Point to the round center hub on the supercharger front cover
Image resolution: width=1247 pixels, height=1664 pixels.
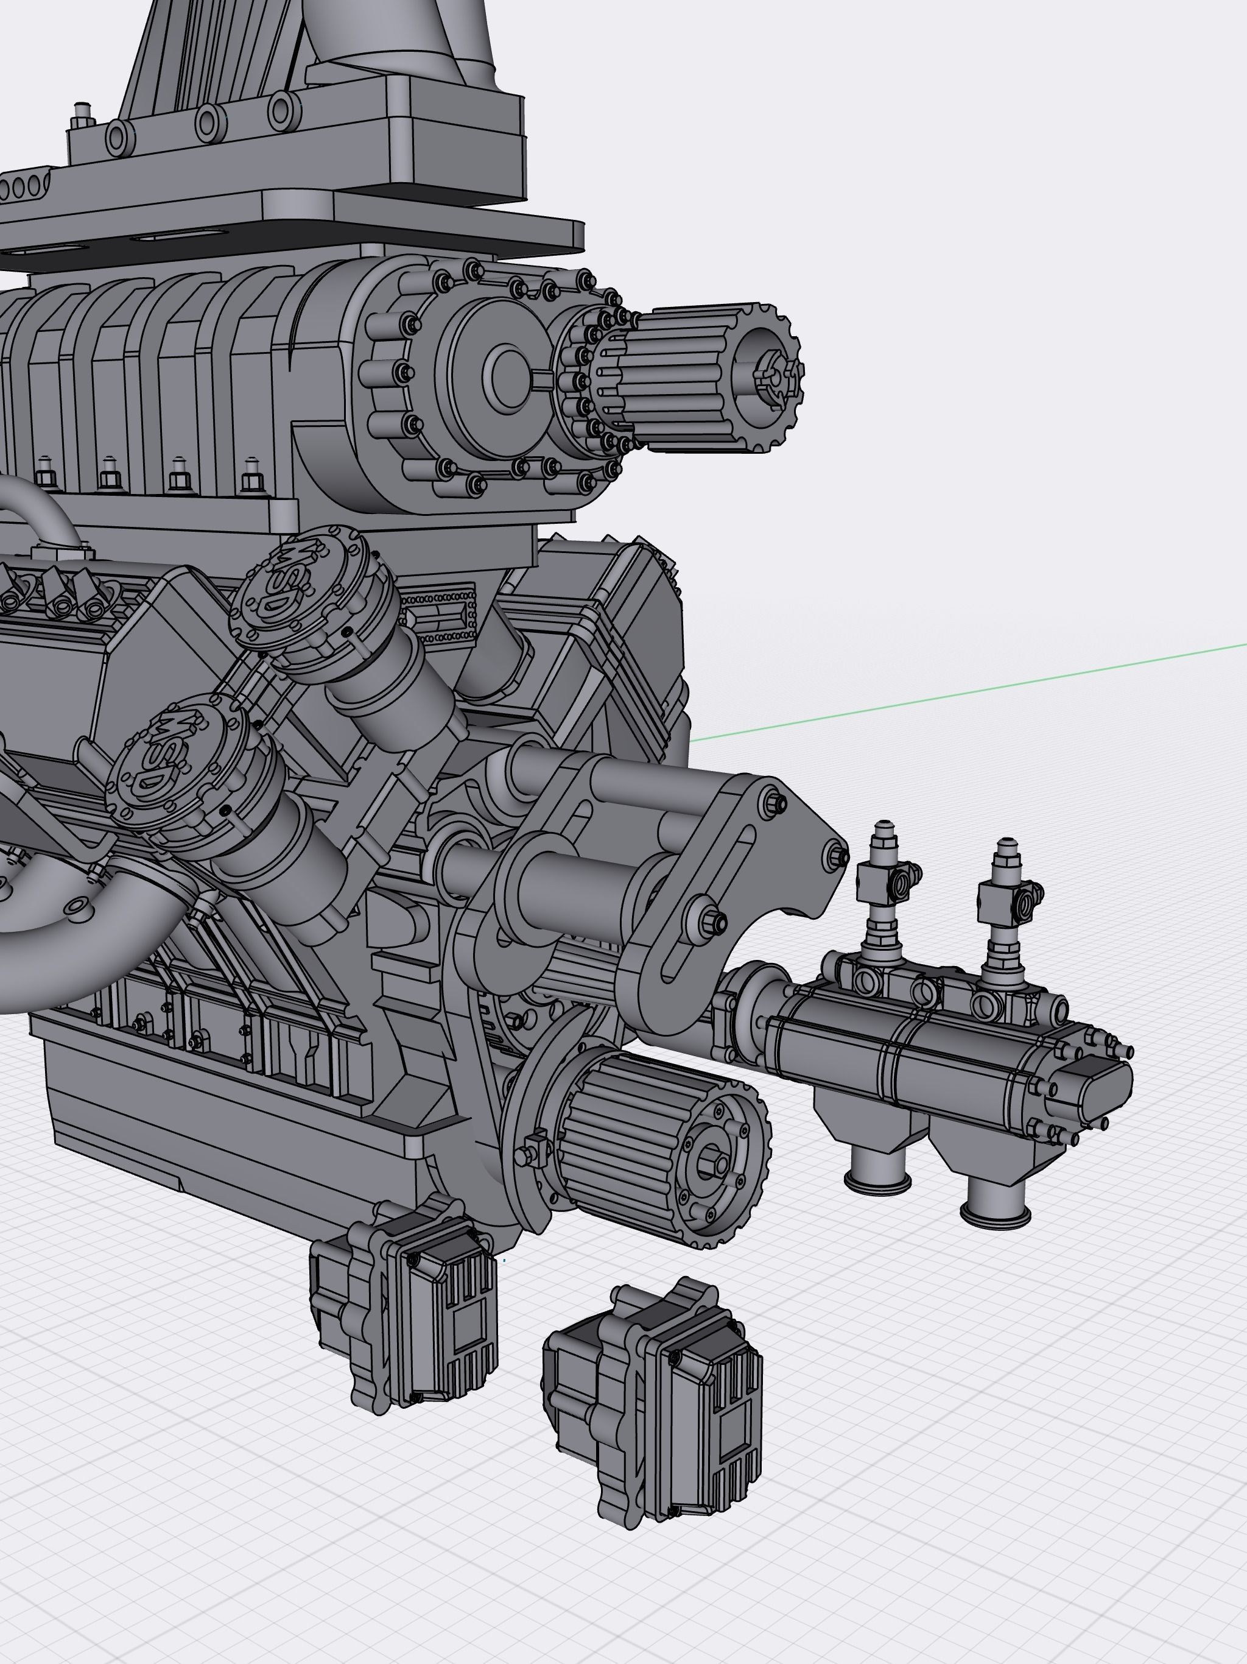point(509,376)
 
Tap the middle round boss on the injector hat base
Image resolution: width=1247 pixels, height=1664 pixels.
point(211,121)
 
